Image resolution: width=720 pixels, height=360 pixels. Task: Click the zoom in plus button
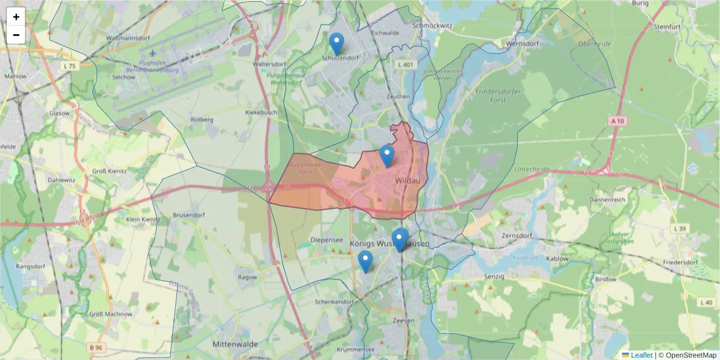click(16, 17)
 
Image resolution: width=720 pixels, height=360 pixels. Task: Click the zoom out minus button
click(16, 35)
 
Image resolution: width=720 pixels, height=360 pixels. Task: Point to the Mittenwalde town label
click(235, 344)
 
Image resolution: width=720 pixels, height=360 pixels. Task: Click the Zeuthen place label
click(398, 96)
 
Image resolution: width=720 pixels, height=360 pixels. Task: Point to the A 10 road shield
click(618, 121)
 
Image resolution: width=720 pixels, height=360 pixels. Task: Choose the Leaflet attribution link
click(641, 355)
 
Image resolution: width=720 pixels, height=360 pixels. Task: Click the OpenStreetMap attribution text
click(686, 355)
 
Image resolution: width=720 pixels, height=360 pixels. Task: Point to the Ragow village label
click(247, 277)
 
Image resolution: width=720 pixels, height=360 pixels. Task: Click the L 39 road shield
click(679, 229)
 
